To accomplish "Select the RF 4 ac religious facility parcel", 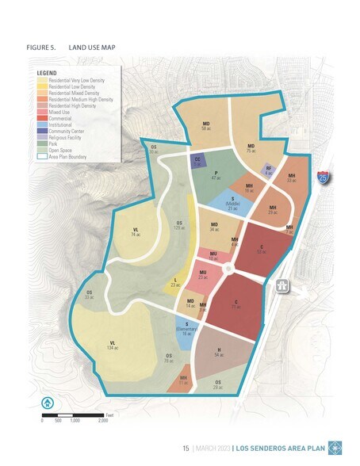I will (x=269, y=170).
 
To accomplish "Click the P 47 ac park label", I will (x=216, y=177).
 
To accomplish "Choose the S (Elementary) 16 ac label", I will (x=187, y=330).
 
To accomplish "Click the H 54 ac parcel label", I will (x=219, y=352).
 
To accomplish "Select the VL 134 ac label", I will (x=113, y=345).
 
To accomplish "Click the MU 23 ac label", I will (x=203, y=275).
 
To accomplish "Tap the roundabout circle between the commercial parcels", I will (x=229, y=270).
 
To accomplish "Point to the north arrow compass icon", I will (x=48, y=403).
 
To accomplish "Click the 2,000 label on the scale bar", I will (x=102, y=421).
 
